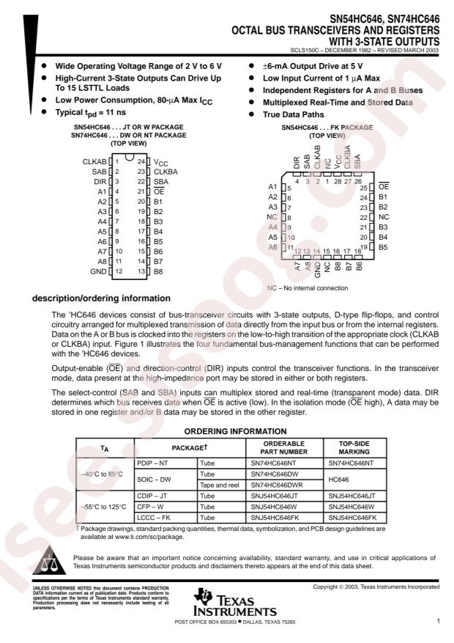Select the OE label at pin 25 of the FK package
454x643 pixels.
383,188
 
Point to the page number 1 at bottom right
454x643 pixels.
437,622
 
